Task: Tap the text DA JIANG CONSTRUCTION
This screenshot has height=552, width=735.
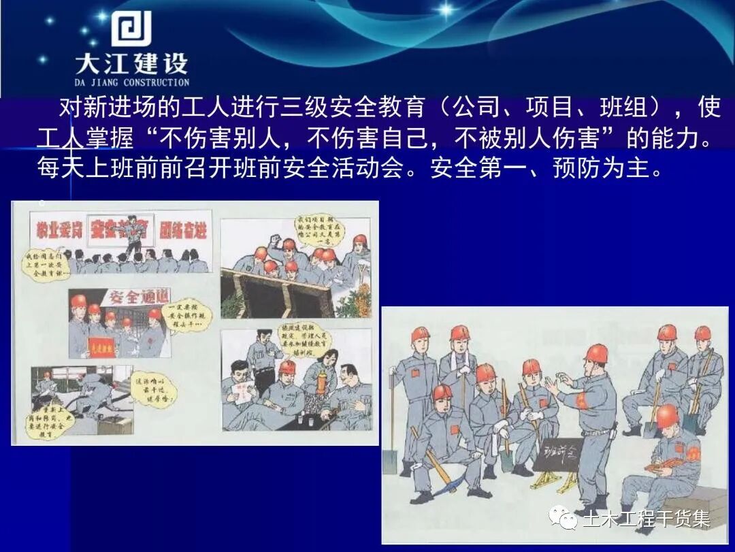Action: (x=132, y=82)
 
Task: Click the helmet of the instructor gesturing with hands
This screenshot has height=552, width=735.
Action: (x=596, y=353)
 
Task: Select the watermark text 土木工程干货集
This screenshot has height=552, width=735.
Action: (x=646, y=519)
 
